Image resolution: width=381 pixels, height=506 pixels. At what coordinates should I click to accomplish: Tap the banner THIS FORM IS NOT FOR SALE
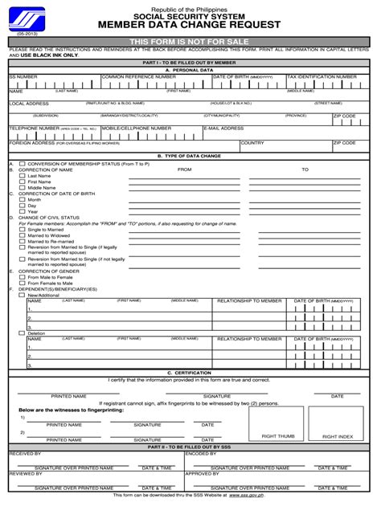(190, 40)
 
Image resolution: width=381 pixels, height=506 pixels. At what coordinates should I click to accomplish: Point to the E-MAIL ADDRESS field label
(223, 128)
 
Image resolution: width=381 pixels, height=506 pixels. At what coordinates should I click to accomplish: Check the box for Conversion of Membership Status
(22, 164)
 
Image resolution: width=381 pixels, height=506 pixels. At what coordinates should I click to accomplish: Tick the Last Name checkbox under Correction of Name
(22, 176)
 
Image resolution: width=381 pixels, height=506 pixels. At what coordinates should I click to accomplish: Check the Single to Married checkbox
(22, 230)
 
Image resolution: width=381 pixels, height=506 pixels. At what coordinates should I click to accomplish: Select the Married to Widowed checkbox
(22, 235)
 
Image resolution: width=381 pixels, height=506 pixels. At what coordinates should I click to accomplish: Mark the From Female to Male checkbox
(22, 283)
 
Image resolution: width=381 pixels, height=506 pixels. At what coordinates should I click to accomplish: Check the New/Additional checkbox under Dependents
(22, 295)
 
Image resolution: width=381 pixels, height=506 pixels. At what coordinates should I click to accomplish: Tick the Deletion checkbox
(22, 333)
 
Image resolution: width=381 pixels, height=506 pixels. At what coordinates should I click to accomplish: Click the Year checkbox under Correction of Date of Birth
(22, 211)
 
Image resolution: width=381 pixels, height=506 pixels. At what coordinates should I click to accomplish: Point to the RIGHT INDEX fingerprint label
(338, 436)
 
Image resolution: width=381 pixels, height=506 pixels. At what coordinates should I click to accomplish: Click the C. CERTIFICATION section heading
(190, 373)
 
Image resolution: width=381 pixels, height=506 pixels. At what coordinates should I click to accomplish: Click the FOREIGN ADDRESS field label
(29, 143)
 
